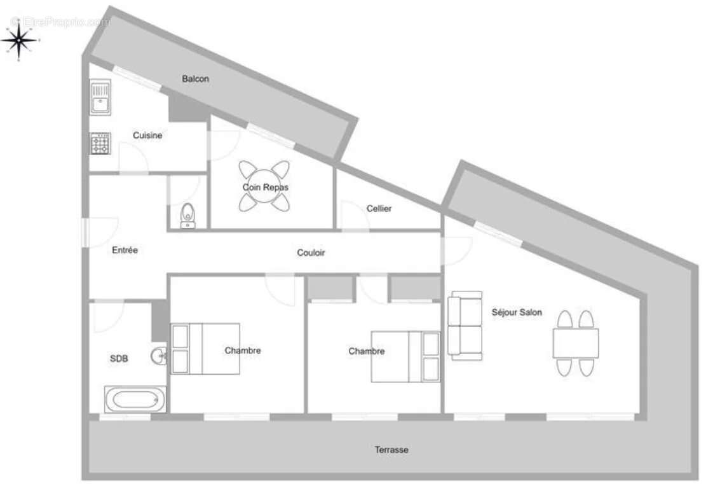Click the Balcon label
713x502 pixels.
click(195, 79)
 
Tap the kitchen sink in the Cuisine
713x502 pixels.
click(100, 97)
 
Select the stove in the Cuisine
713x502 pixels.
click(100, 143)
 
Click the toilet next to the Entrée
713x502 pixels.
click(187, 214)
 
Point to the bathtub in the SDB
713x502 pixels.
click(135, 400)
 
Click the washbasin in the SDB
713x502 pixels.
click(159, 356)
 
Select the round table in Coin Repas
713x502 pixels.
click(264, 186)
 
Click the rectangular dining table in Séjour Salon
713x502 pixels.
click(575, 343)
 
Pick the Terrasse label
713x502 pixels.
click(391, 450)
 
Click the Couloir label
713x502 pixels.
click(311, 253)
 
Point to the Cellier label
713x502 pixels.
click(379, 209)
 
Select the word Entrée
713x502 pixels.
click(125, 250)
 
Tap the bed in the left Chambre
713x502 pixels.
click(205, 349)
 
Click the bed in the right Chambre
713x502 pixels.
click(405, 356)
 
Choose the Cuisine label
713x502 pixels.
click(147, 136)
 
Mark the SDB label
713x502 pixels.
click(119, 359)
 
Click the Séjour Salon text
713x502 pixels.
click(517, 312)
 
